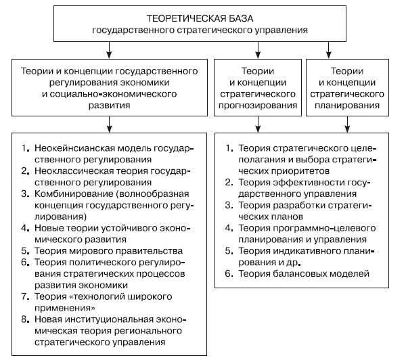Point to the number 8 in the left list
24,320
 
